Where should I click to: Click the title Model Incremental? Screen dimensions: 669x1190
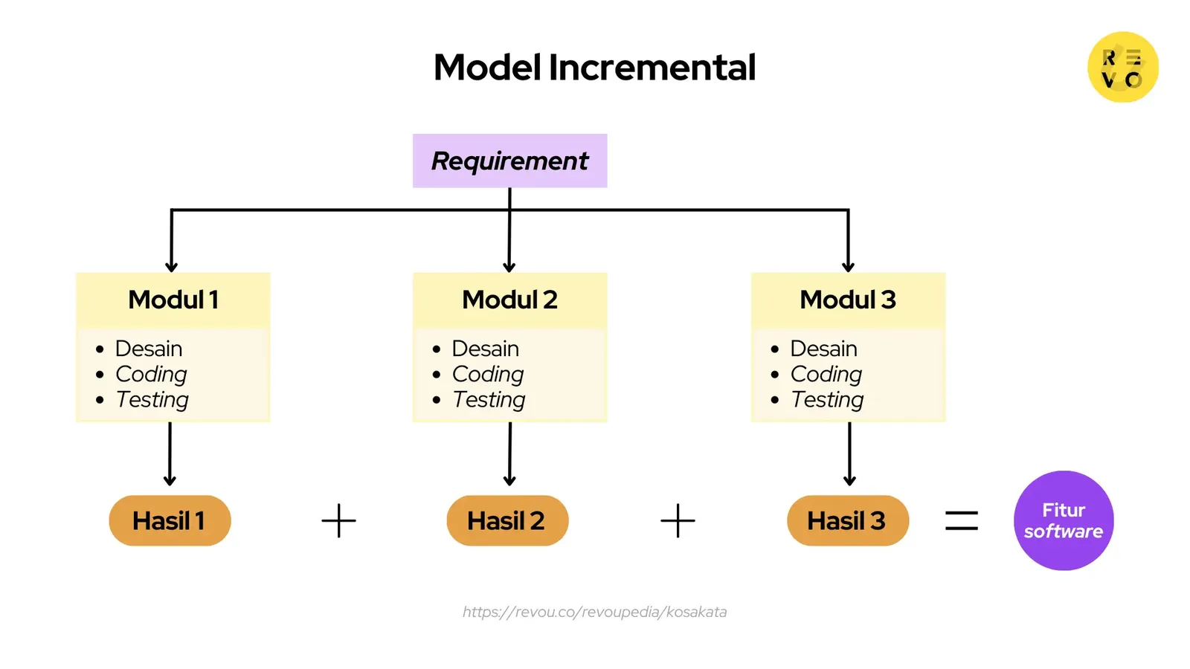594,68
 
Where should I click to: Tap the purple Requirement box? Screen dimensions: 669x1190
509,161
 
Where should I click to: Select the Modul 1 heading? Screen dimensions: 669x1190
173,300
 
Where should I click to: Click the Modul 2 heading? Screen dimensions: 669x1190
509,300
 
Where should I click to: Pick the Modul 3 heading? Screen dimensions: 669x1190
847,300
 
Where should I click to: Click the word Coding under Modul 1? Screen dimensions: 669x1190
151,374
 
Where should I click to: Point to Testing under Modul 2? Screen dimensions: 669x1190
489,400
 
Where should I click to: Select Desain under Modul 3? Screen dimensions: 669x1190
823,349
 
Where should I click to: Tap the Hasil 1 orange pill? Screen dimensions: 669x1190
170,520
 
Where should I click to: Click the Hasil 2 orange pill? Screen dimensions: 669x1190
507,520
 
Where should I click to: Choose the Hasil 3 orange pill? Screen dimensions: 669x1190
847,520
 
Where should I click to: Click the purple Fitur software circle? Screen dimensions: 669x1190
1063,520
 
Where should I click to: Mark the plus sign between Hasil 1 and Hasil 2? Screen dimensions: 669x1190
338,520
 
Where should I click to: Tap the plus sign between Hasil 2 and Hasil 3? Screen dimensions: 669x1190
678,520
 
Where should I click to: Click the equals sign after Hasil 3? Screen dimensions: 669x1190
961,520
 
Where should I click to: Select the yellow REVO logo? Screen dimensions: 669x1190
1122,67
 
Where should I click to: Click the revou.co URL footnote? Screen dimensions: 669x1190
594,612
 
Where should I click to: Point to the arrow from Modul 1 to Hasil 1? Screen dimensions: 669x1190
170,453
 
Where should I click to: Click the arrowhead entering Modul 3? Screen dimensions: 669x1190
848,266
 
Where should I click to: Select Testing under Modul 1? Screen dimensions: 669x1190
152,400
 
